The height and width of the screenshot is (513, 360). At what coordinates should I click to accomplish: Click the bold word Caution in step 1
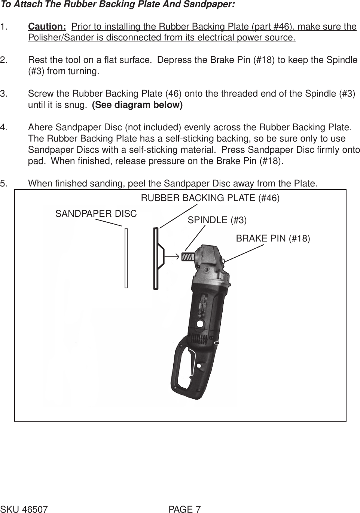pyautogui.click(x=47, y=27)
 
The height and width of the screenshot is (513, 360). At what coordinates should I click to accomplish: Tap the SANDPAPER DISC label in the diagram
pyautogui.click(x=96, y=214)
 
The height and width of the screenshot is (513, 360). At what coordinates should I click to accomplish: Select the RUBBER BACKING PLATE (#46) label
pyautogui.click(x=210, y=198)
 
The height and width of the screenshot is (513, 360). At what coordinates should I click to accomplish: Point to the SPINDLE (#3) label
pyautogui.click(x=217, y=220)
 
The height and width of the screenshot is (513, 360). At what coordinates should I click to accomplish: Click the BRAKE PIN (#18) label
pyautogui.click(x=273, y=239)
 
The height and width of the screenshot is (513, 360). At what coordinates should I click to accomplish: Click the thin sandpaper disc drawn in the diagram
pyautogui.click(x=126, y=258)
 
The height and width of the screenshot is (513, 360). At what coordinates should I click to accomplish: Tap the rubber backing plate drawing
pyautogui.click(x=155, y=258)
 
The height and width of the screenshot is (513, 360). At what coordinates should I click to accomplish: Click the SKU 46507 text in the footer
pyautogui.click(x=24, y=509)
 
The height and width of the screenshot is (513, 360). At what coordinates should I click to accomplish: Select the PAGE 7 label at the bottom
pyautogui.click(x=184, y=509)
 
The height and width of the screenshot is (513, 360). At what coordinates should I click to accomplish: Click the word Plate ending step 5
pyautogui.click(x=306, y=183)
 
